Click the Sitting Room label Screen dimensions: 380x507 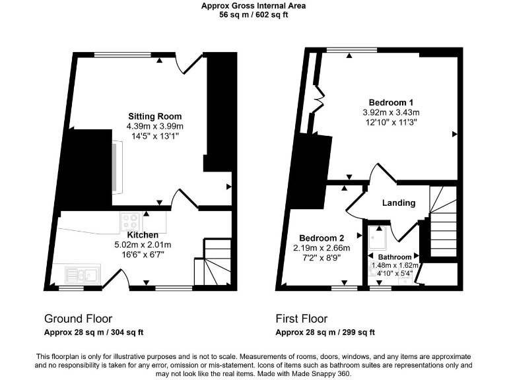[x=154, y=117]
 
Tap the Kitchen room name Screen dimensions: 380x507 [x=143, y=235]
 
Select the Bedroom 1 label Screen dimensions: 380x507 [x=391, y=103]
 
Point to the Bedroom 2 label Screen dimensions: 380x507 [x=321, y=238]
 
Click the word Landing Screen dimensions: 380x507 [x=399, y=203]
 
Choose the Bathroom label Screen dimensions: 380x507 [x=395, y=257]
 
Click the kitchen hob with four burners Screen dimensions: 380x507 [x=130, y=220]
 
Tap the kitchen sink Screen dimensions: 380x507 [x=83, y=273]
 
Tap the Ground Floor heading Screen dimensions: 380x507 [x=78, y=318]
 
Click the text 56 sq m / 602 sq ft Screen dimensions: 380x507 [x=253, y=15]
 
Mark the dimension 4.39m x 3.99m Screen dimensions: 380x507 [x=154, y=126]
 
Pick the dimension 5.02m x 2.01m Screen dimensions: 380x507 [x=143, y=244]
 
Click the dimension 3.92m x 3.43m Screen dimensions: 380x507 [x=391, y=112]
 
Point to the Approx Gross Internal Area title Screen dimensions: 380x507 [x=253, y=6]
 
